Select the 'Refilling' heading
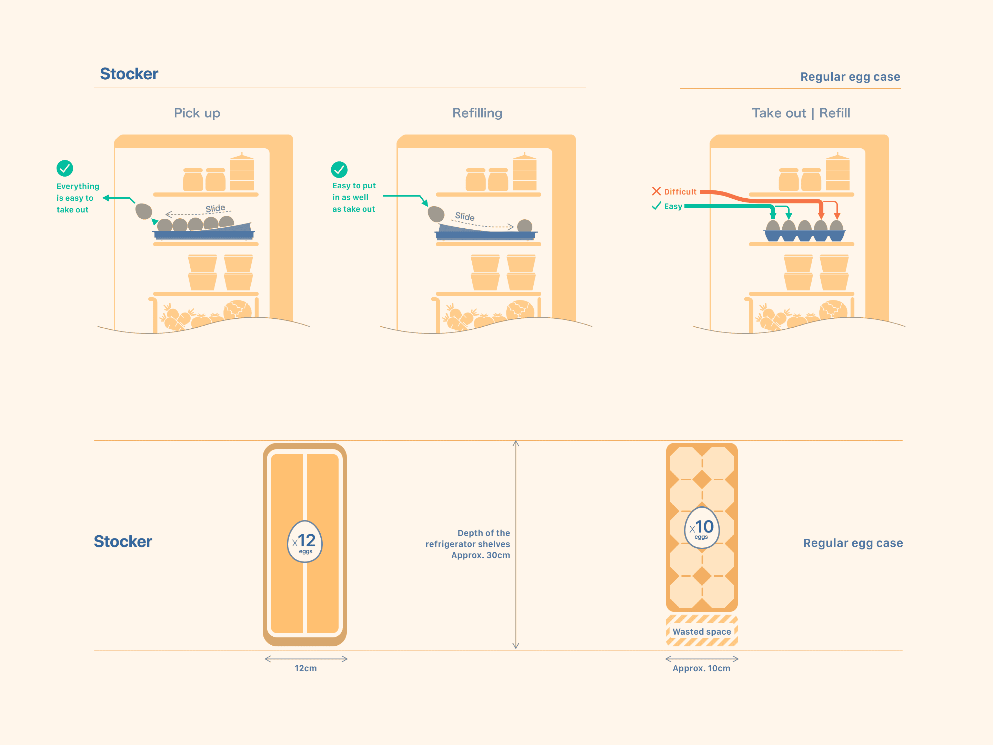pos(477,113)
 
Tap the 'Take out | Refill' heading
pos(801,113)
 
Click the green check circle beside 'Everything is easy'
pos(64,168)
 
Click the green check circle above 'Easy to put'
pos(339,170)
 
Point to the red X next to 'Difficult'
pos(656,191)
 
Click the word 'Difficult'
pos(680,192)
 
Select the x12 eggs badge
pos(305,542)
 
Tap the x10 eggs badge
pos(702,528)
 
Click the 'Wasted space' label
pos(702,632)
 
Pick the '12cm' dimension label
pos(306,668)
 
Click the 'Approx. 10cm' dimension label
pos(701,668)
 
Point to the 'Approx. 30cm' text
pos(480,555)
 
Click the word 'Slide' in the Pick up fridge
pos(215,208)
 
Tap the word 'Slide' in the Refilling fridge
pos(465,217)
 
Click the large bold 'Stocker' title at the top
pos(129,74)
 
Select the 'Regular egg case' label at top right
pos(850,77)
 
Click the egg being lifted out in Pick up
pos(144,211)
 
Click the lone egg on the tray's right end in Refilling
pos(524,226)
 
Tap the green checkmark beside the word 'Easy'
pos(656,206)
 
